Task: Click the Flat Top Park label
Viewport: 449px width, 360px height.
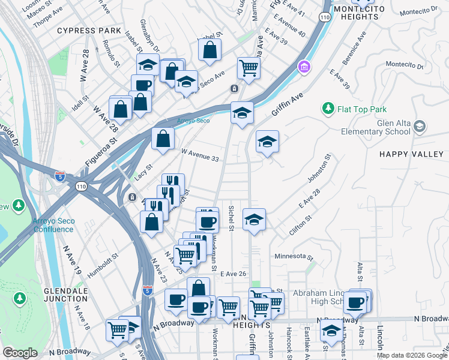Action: click(362, 109)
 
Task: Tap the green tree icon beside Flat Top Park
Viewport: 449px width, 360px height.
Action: click(328, 109)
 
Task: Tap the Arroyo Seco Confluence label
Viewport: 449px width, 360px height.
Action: click(54, 225)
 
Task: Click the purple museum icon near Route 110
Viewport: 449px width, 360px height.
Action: click(304, 65)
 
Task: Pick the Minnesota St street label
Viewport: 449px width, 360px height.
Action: click(294, 257)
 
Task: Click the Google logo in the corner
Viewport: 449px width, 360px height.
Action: click(20, 353)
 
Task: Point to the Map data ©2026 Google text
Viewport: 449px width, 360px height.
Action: click(411, 355)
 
